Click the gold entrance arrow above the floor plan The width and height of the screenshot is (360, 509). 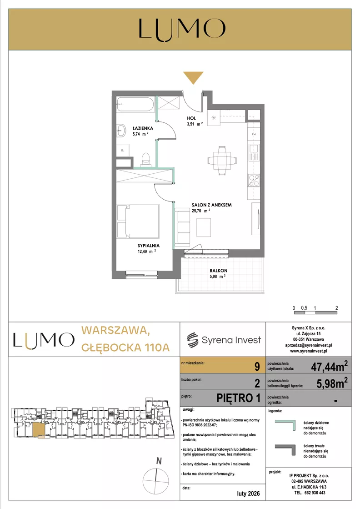[x=193, y=77]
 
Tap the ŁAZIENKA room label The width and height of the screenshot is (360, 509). [x=143, y=128]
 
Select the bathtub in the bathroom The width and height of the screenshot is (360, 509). [x=135, y=105]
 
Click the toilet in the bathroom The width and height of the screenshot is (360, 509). [x=146, y=160]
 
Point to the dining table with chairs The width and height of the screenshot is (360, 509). [x=222, y=161]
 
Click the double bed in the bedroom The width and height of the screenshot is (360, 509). [x=138, y=222]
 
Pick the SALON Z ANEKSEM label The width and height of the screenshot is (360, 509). [x=212, y=205]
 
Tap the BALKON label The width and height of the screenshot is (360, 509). [x=218, y=270]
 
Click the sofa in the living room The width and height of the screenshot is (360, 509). [x=182, y=227]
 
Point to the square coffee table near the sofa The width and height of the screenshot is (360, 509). [x=204, y=227]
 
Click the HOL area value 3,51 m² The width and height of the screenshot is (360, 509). [x=195, y=124]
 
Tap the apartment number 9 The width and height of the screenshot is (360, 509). [x=257, y=367]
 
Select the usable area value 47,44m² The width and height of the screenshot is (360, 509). [x=329, y=366]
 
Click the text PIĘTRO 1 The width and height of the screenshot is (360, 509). [x=238, y=398]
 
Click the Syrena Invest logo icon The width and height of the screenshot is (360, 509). [x=193, y=340]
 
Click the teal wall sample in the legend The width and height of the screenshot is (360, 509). [x=285, y=425]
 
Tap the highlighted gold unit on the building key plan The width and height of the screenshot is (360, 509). [x=39, y=429]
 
